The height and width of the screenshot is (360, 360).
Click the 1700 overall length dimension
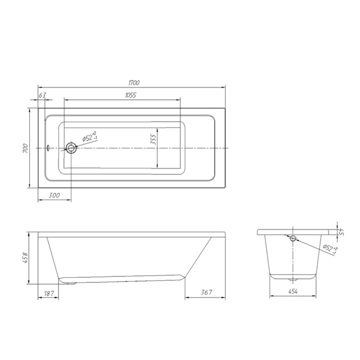(x=134, y=83)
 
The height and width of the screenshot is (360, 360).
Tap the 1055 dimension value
(x=131, y=95)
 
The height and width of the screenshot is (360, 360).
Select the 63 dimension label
(x=42, y=95)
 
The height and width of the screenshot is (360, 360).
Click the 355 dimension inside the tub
(x=153, y=139)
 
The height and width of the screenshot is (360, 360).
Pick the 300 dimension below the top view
(x=54, y=195)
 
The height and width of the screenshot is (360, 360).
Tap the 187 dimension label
(x=49, y=293)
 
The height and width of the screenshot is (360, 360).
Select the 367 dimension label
(x=207, y=292)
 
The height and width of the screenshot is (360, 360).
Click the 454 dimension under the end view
(x=293, y=291)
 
